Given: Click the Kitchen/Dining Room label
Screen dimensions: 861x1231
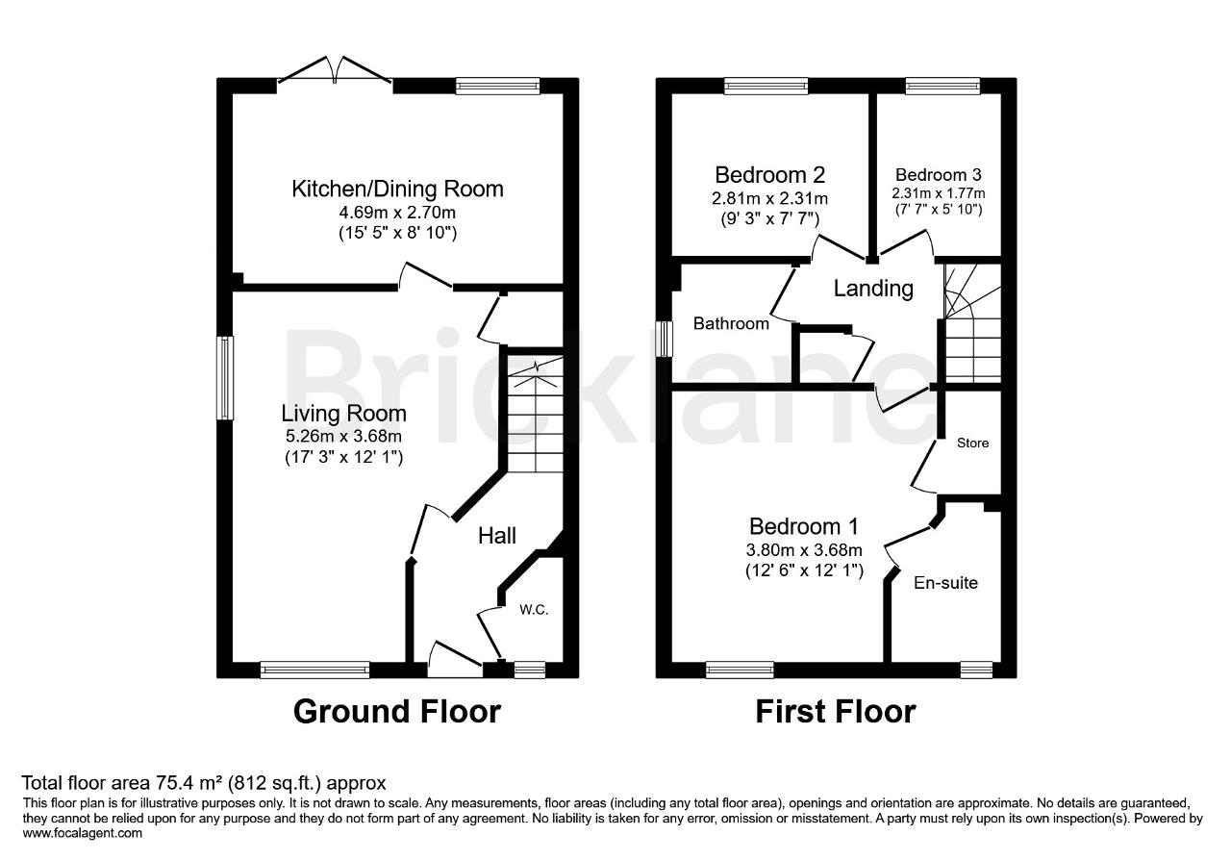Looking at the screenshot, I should click(397, 189).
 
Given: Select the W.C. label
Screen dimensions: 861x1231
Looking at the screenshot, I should click(534, 610).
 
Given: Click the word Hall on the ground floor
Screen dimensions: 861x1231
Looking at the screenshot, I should click(497, 536).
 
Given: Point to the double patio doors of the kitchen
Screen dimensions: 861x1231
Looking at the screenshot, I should click(336, 77).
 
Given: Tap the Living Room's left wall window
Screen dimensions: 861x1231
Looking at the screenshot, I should click(225, 378).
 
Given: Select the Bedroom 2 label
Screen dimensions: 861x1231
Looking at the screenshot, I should click(769, 175).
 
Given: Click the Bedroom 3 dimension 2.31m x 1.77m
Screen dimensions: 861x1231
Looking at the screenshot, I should click(938, 192).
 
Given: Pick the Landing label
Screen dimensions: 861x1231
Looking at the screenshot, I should click(873, 289).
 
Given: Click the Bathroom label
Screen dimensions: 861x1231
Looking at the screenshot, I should click(731, 324).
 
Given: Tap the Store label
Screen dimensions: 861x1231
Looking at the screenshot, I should click(972, 443).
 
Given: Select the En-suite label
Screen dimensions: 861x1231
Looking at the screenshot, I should click(945, 582).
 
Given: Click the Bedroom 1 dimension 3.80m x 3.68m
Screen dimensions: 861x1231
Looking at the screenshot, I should click(805, 550).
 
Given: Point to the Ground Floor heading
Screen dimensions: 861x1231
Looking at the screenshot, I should click(396, 712).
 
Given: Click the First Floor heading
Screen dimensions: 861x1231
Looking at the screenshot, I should click(835, 712).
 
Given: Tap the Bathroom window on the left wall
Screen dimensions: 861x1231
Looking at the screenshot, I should click(664, 339).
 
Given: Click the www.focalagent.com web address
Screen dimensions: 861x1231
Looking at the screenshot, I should click(82, 833).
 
